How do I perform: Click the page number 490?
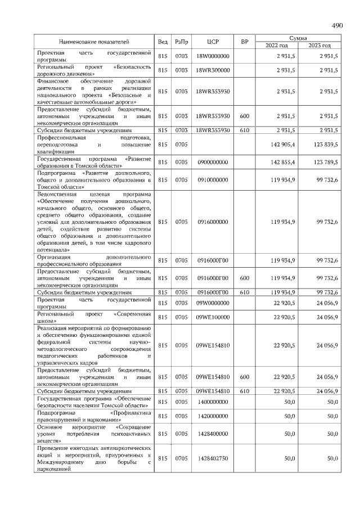337,25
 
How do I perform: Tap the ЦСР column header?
213,42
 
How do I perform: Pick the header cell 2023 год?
319,45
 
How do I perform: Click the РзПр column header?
181,42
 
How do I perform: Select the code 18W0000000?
213,56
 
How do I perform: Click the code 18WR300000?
213,70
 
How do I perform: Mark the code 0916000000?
213,222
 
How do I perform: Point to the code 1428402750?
213,458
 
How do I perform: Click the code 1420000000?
213,416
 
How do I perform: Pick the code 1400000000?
213,402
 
